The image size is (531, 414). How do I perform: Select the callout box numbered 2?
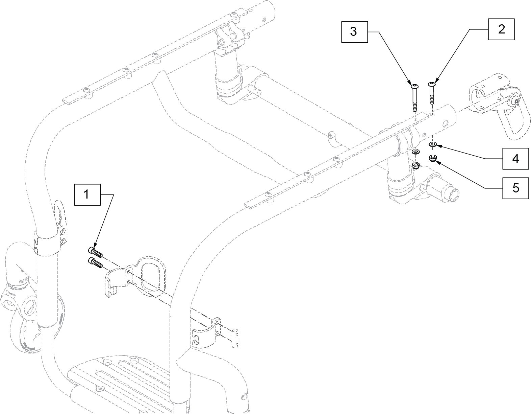coord(501,29)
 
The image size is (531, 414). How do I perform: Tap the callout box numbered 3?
coord(354,32)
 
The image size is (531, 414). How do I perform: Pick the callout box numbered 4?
coord(515,159)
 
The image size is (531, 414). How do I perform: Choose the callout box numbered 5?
coord(515,188)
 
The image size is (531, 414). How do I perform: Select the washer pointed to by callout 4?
coord(433,145)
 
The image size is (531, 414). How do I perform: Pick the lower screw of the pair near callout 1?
coord(95,262)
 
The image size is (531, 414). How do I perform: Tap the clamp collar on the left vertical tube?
coord(46,242)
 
